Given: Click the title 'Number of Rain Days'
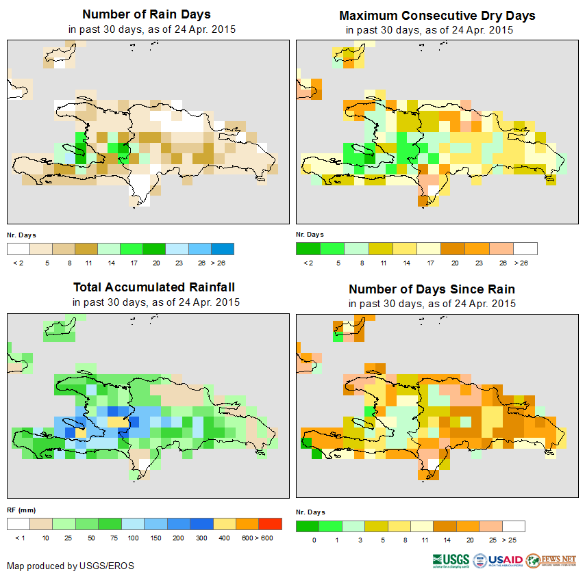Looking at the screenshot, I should (x=146, y=14).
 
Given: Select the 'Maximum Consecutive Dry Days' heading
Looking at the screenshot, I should (x=437, y=15).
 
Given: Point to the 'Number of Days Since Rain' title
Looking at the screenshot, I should (x=432, y=289).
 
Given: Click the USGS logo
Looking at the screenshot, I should (x=451, y=560).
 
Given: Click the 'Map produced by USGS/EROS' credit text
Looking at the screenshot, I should (x=71, y=566).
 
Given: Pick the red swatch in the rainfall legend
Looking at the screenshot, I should (x=271, y=524).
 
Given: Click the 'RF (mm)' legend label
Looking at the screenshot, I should (x=21, y=510).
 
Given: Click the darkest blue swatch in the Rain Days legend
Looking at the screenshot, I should (x=223, y=248).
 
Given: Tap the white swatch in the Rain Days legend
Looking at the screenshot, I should (x=18, y=248).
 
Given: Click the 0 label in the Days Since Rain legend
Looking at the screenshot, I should (x=313, y=540).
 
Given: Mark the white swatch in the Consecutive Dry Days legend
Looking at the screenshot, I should (x=525, y=248).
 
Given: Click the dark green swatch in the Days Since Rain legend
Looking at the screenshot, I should (x=308, y=526).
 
